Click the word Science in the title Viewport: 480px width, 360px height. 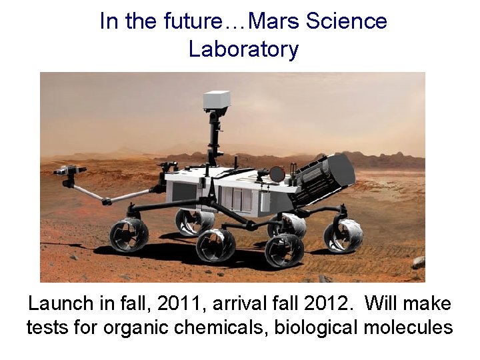click(x=346, y=21)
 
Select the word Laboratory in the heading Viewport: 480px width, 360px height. click(x=243, y=49)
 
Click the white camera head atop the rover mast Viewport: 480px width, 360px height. click(x=217, y=100)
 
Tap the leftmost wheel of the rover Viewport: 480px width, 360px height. click(x=129, y=235)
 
